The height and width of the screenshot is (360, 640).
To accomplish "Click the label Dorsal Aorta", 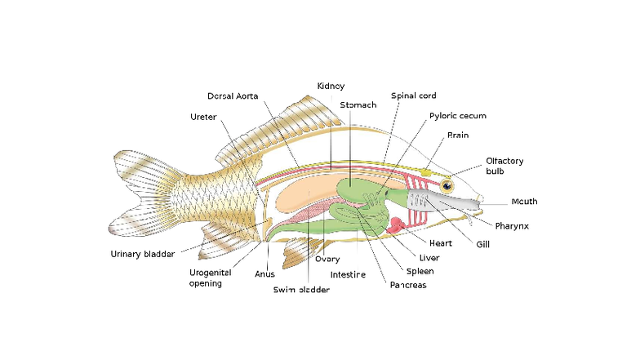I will coord(233,96).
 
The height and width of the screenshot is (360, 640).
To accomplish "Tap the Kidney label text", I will coord(331,86).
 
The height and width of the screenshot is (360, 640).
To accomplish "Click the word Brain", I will coord(458,136).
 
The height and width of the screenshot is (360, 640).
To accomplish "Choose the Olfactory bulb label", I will coord(504,166).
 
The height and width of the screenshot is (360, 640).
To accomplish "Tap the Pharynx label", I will coord(512,225).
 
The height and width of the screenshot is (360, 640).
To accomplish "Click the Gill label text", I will coord(484,244).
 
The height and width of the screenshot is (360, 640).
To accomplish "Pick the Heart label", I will coord(441,243).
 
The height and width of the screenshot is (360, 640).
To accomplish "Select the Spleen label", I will coord(420,271).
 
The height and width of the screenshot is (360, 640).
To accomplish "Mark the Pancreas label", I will coord(408,285).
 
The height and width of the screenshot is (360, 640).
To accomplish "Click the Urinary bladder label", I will coord(142,254).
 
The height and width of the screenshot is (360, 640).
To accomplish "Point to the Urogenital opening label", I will coord(210,278).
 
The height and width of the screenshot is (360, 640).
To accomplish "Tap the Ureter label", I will coord(203,117).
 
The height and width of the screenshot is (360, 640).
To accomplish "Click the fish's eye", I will coord(447,187).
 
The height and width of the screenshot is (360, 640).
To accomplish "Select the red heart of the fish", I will coord(397,223).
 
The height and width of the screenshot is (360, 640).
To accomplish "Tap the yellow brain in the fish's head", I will coord(427,172).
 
